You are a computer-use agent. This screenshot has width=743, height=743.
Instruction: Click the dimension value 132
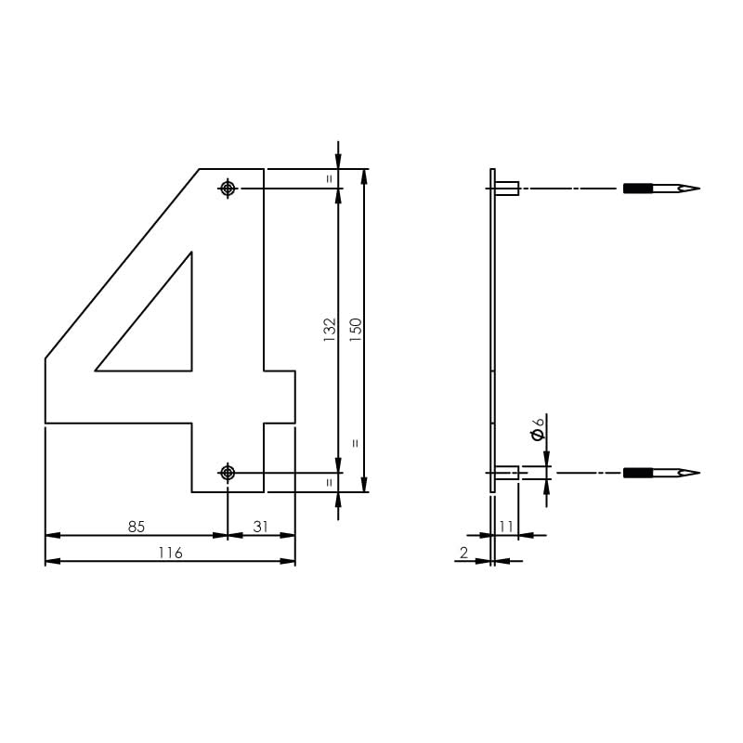329,331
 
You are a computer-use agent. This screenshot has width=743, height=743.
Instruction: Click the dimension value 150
355,331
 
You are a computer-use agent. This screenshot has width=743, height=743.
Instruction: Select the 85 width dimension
137,527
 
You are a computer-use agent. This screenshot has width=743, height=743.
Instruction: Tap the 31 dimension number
260,527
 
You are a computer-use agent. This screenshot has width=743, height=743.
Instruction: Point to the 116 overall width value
169,553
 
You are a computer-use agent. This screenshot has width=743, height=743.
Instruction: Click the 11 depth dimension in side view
506,527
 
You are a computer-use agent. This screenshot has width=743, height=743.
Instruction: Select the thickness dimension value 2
463,553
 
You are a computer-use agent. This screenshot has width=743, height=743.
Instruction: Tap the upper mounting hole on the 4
228,189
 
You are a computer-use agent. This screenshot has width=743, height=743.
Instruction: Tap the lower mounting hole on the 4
228,473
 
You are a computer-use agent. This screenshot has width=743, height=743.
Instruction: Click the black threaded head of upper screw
638,189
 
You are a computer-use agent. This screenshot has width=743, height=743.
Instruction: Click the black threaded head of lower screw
638,473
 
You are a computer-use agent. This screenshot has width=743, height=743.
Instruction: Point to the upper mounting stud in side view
507,189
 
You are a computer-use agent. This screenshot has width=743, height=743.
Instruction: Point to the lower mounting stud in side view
507,473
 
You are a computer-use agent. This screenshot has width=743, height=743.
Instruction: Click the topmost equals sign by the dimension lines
330,177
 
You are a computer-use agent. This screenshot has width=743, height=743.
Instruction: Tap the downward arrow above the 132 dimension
338,158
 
